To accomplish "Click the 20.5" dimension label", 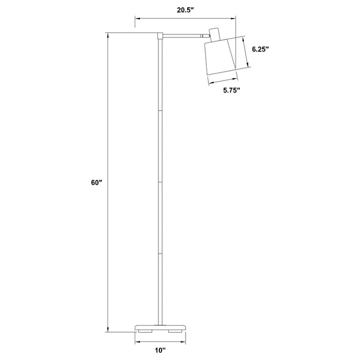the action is [x=186, y=10].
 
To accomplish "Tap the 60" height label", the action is [x=97, y=183].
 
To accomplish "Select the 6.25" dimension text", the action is [x=260, y=49].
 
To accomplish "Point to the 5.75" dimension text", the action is [x=231, y=90].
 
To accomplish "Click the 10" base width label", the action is [x=160, y=350].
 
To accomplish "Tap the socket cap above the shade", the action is [x=215, y=34].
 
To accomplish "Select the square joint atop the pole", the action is [x=160, y=35].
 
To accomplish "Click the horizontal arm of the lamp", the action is [x=183, y=35].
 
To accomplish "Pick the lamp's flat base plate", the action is [x=160, y=328].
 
